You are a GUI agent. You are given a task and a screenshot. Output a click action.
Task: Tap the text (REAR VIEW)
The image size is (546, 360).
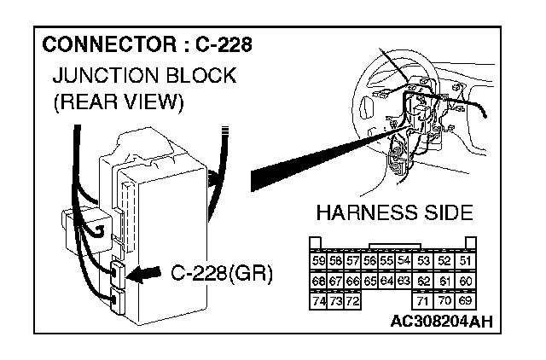pyautogui.click(x=119, y=103)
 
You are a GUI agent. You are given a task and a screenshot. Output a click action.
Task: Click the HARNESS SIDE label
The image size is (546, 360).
pyautogui.click(x=394, y=212)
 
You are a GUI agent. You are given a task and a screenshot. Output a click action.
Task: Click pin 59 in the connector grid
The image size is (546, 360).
pyautogui.click(x=319, y=260)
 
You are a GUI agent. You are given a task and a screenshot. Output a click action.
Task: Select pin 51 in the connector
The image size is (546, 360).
pyautogui.click(x=466, y=260)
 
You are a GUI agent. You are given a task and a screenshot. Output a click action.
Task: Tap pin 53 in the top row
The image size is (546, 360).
pyautogui.click(x=424, y=260)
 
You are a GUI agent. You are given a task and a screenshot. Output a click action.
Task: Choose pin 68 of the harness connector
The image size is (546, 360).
pyautogui.click(x=319, y=280)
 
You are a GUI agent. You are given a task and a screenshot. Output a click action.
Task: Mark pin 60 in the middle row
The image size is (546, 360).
pyautogui.click(x=466, y=280)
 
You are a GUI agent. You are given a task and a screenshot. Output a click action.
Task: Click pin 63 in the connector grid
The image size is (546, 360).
pyautogui.click(x=404, y=280)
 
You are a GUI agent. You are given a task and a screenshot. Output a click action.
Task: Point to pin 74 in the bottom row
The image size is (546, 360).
pyautogui.click(x=319, y=300)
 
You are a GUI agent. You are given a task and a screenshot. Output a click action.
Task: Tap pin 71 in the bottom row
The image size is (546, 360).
pyautogui.click(x=424, y=300)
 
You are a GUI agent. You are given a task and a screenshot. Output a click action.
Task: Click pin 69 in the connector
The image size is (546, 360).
pyautogui.click(x=466, y=300)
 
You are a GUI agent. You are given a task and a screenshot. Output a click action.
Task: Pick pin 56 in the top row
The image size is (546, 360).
pyautogui.click(x=369, y=260)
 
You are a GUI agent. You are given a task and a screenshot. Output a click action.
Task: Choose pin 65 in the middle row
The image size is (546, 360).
pyautogui.click(x=369, y=280)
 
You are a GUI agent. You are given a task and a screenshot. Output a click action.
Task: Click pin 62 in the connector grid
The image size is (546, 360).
pyautogui.click(x=424, y=280)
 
